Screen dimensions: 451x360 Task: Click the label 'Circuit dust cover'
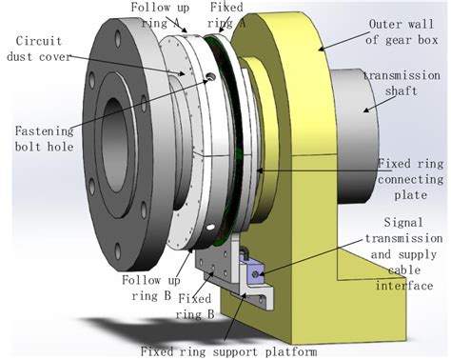39,49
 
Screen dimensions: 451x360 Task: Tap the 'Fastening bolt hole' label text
45,139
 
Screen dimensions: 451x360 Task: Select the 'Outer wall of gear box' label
402,32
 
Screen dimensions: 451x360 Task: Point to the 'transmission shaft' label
402,83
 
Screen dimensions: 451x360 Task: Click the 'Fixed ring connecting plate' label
410,179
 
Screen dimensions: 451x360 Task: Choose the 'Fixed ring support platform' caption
228,351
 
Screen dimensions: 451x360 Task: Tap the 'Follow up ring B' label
151,288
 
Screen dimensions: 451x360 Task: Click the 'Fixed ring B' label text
195,307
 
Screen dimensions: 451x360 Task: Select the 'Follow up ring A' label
160,15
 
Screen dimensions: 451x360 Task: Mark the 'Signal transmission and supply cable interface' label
404,254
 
